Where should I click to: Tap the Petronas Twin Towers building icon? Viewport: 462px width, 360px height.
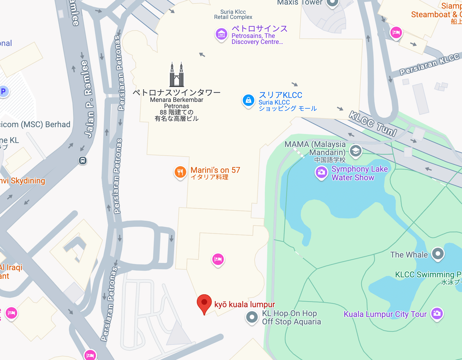177,75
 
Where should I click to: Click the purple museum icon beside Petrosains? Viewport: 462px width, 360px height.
221,34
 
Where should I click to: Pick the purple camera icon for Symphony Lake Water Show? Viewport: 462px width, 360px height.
321,173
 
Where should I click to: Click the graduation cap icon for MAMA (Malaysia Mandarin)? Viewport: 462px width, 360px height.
355,151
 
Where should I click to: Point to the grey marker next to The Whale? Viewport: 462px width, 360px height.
438,254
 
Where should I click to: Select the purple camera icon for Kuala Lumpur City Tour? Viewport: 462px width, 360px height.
436,313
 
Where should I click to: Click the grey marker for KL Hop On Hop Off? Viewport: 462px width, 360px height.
252,318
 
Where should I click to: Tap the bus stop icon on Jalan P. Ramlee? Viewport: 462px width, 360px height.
82,160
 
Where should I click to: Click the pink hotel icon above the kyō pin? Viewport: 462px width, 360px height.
218,259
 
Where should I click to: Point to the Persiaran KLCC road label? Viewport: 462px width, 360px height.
429,65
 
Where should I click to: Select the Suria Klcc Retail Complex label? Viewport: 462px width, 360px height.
233,15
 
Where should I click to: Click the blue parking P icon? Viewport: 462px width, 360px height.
3,92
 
